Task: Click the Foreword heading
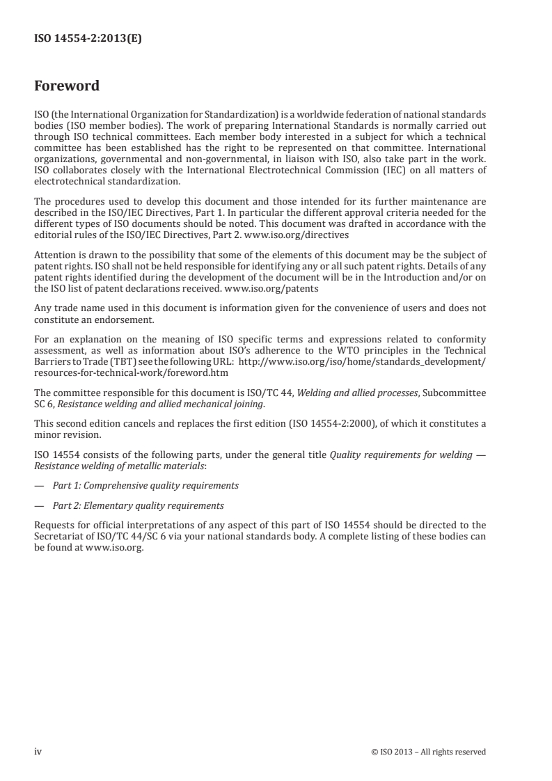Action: tap(67, 86)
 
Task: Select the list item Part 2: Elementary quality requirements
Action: tap(139, 505)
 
